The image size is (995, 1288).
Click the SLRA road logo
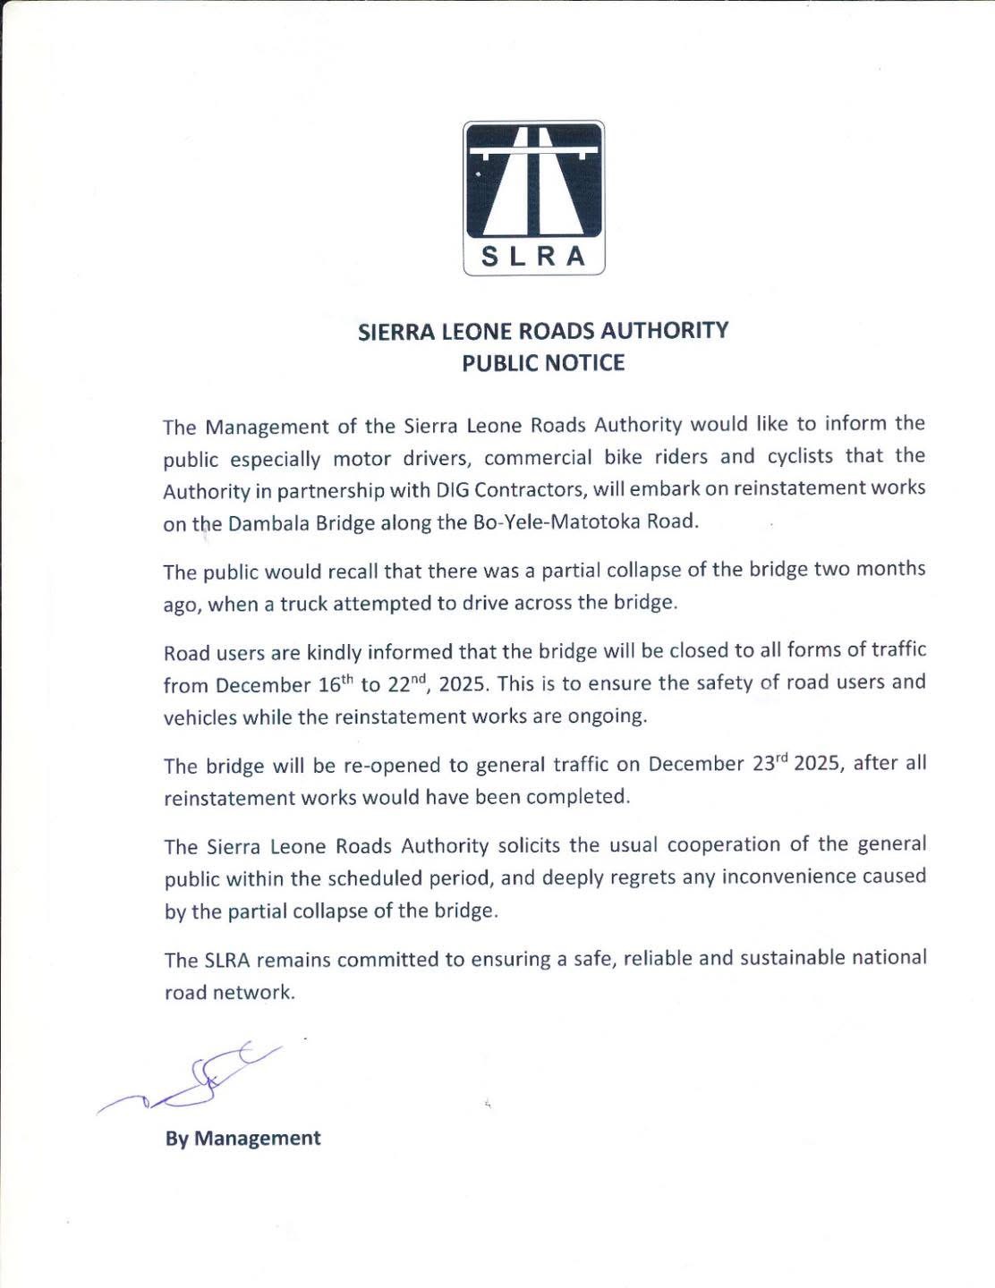pos(534,198)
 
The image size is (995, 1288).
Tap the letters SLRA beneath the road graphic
pos(534,257)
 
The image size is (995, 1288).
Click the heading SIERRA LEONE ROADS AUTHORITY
pos(543,331)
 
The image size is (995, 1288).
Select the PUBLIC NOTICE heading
pos(542,363)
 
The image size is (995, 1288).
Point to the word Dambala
pos(264,524)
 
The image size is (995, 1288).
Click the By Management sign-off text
pos(242,1139)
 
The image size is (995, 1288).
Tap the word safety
pos(716,683)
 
